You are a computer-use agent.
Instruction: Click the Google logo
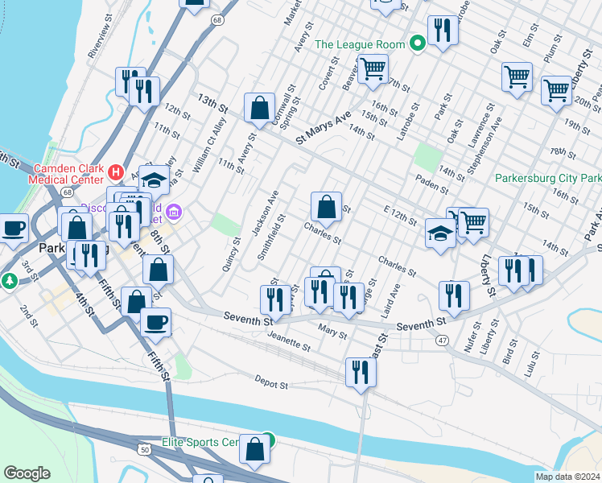point(27,473)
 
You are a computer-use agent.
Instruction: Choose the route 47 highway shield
point(443,341)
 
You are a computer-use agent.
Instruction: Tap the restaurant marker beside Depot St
point(361,372)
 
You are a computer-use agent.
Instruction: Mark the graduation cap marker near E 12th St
point(439,233)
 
